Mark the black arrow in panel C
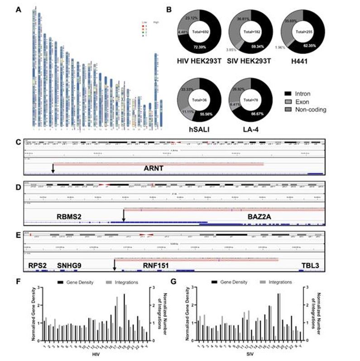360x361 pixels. [x=53, y=168]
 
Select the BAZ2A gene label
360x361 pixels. [x=263, y=217]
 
